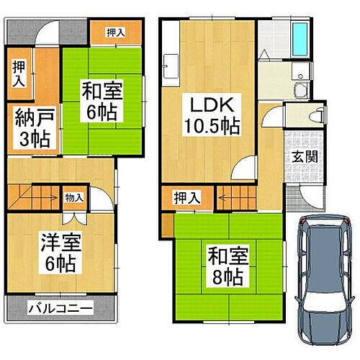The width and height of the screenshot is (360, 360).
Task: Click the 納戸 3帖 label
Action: pos(30,128)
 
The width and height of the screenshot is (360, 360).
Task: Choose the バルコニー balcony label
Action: pos(60,310)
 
